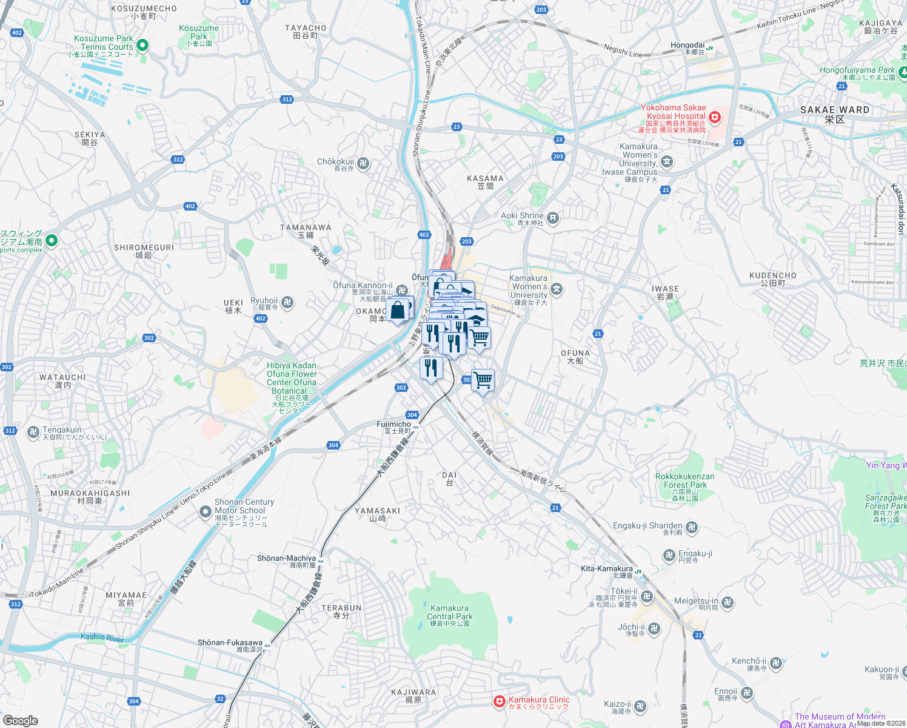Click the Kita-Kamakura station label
pyautogui.click(x=606, y=568)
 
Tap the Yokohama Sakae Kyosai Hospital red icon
pyautogui.click(x=715, y=116)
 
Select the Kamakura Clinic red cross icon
pyautogui.click(x=499, y=702)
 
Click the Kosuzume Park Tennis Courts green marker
pyautogui.click(x=142, y=45)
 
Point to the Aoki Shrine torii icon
pyautogui.click(x=553, y=218)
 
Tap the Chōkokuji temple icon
pyautogui.click(x=363, y=163)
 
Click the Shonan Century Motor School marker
pyautogui.click(x=206, y=512)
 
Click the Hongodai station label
pyautogui.click(x=688, y=45)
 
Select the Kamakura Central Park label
pyautogui.click(x=449, y=612)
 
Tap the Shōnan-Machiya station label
pyautogui.click(x=286, y=558)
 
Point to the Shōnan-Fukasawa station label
pyautogui.click(x=230, y=642)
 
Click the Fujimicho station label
pyautogui.click(x=393, y=424)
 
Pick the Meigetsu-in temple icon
pyautogui.click(x=728, y=602)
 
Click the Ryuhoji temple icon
pyautogui.click(x=288, y=302)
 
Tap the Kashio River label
pyautogui.click(x=102, y=638)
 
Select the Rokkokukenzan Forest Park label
pyautogui.click(x=684, y=480)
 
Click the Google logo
pyautogui.click(x=20, y=720)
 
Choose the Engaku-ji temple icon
pyautogui.click(x=669, y=555)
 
